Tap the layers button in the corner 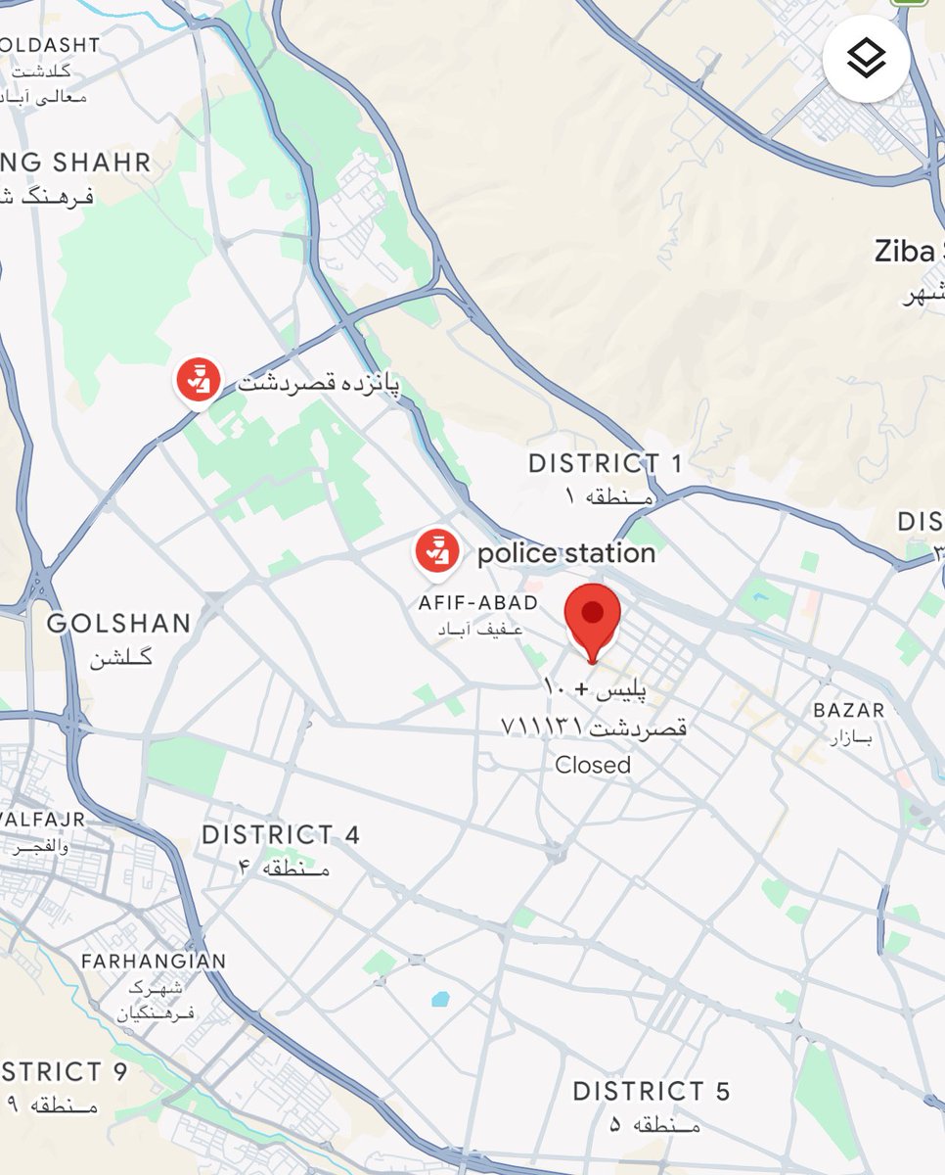point(867,59)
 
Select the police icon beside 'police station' point(437,552)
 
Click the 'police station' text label point(566,554)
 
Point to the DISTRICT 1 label point(605,463)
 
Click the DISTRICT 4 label point(281,835)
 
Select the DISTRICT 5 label point(652,1091)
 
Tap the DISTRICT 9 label point(65,1072)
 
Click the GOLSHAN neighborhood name point(119,624)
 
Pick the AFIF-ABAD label point(478,603)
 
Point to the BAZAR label point(849,710)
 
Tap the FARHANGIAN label point(154,962)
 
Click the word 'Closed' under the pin point(593,765)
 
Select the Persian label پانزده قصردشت point(319,383)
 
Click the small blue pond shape point(440,1000)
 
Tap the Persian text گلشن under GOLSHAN point(121,657)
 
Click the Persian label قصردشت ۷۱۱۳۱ point(594,727)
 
